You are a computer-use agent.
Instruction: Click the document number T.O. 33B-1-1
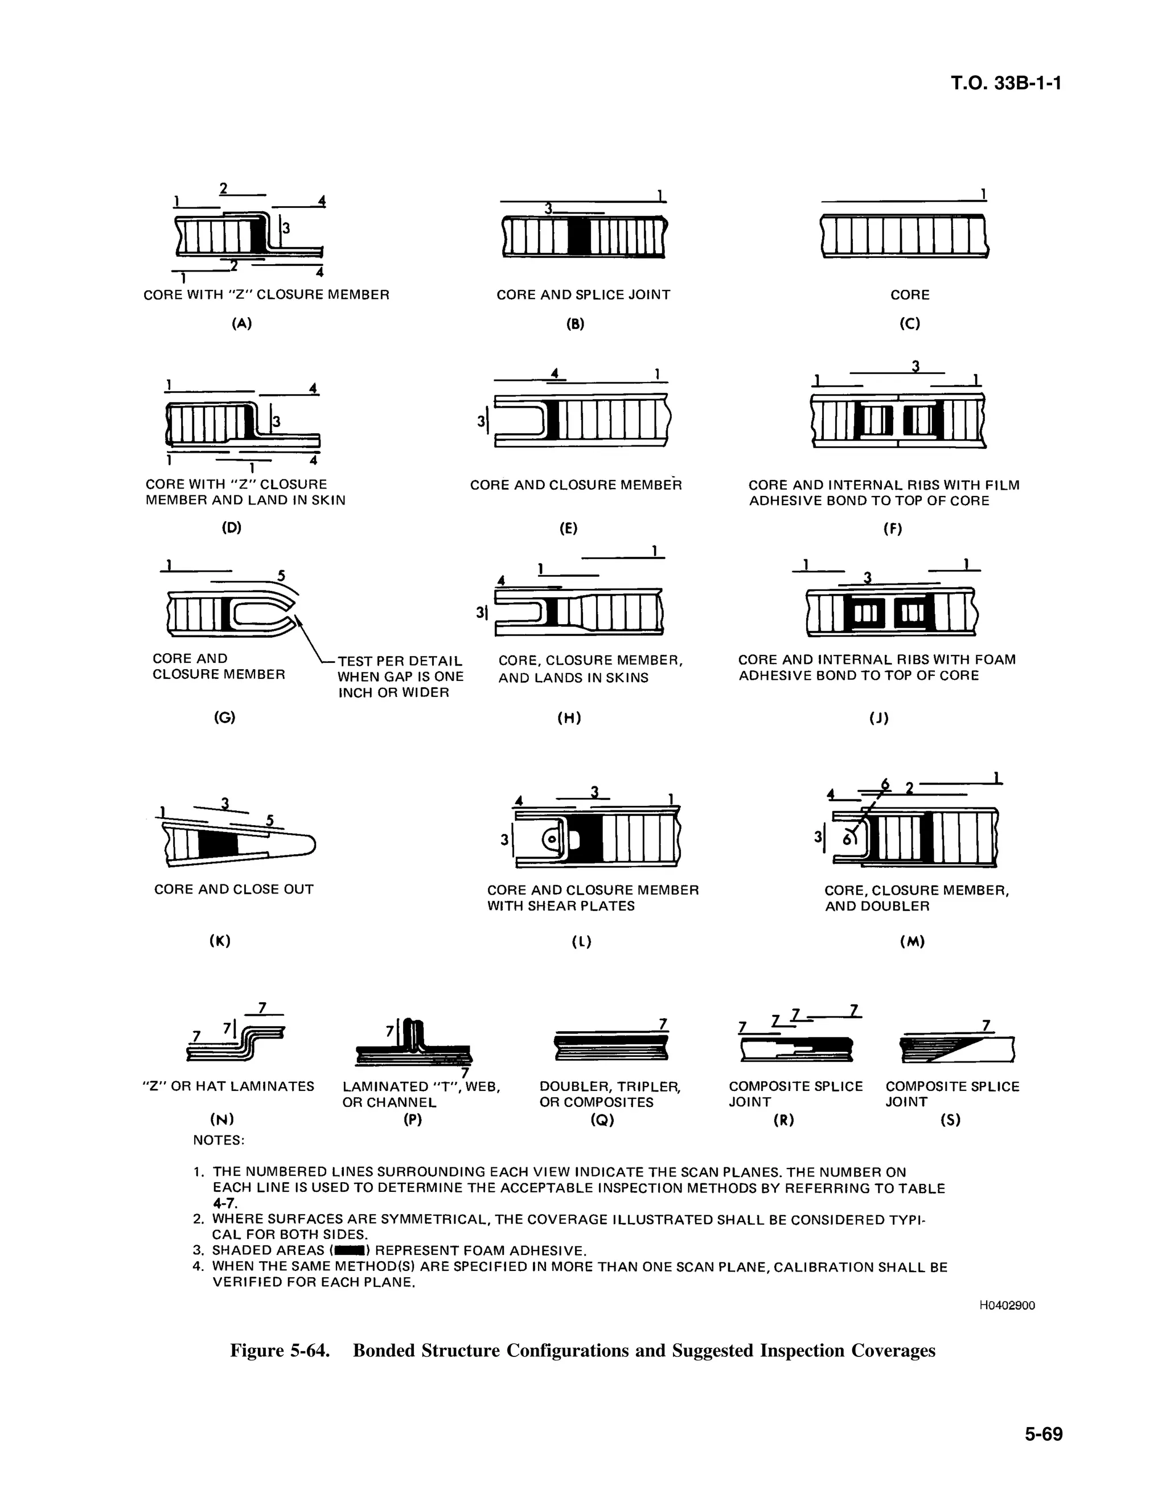coord(1005,84)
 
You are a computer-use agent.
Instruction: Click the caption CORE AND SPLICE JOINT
coord(583,295)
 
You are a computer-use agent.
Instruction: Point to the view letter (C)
coord(910,323)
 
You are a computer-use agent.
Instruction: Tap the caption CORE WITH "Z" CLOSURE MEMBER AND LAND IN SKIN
coord(245,492)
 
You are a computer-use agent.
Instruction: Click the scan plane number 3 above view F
coord(916,366)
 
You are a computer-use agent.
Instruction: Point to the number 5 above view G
coord(281,575)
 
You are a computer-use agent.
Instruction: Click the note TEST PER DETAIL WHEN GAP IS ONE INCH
coord(400,676)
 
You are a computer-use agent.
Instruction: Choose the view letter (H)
coord(569,719)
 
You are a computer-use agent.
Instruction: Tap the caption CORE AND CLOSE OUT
coord(233,889)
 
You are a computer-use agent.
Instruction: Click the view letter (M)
coord(912,942)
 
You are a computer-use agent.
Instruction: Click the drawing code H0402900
coord(1007,1305)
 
